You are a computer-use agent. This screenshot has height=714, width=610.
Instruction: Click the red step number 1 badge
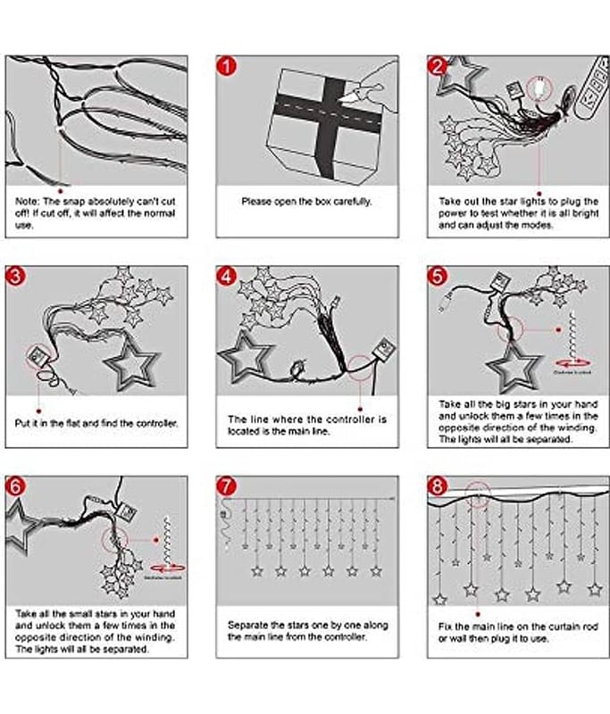pos(228,67)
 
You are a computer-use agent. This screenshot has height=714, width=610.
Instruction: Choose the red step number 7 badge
pos(228,486)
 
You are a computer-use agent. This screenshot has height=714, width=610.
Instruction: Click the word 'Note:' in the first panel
pos(29,202)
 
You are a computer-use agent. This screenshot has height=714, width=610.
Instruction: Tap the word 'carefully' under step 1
pos(347,202)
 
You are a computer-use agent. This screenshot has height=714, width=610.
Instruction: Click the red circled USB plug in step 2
pos(538,89)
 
